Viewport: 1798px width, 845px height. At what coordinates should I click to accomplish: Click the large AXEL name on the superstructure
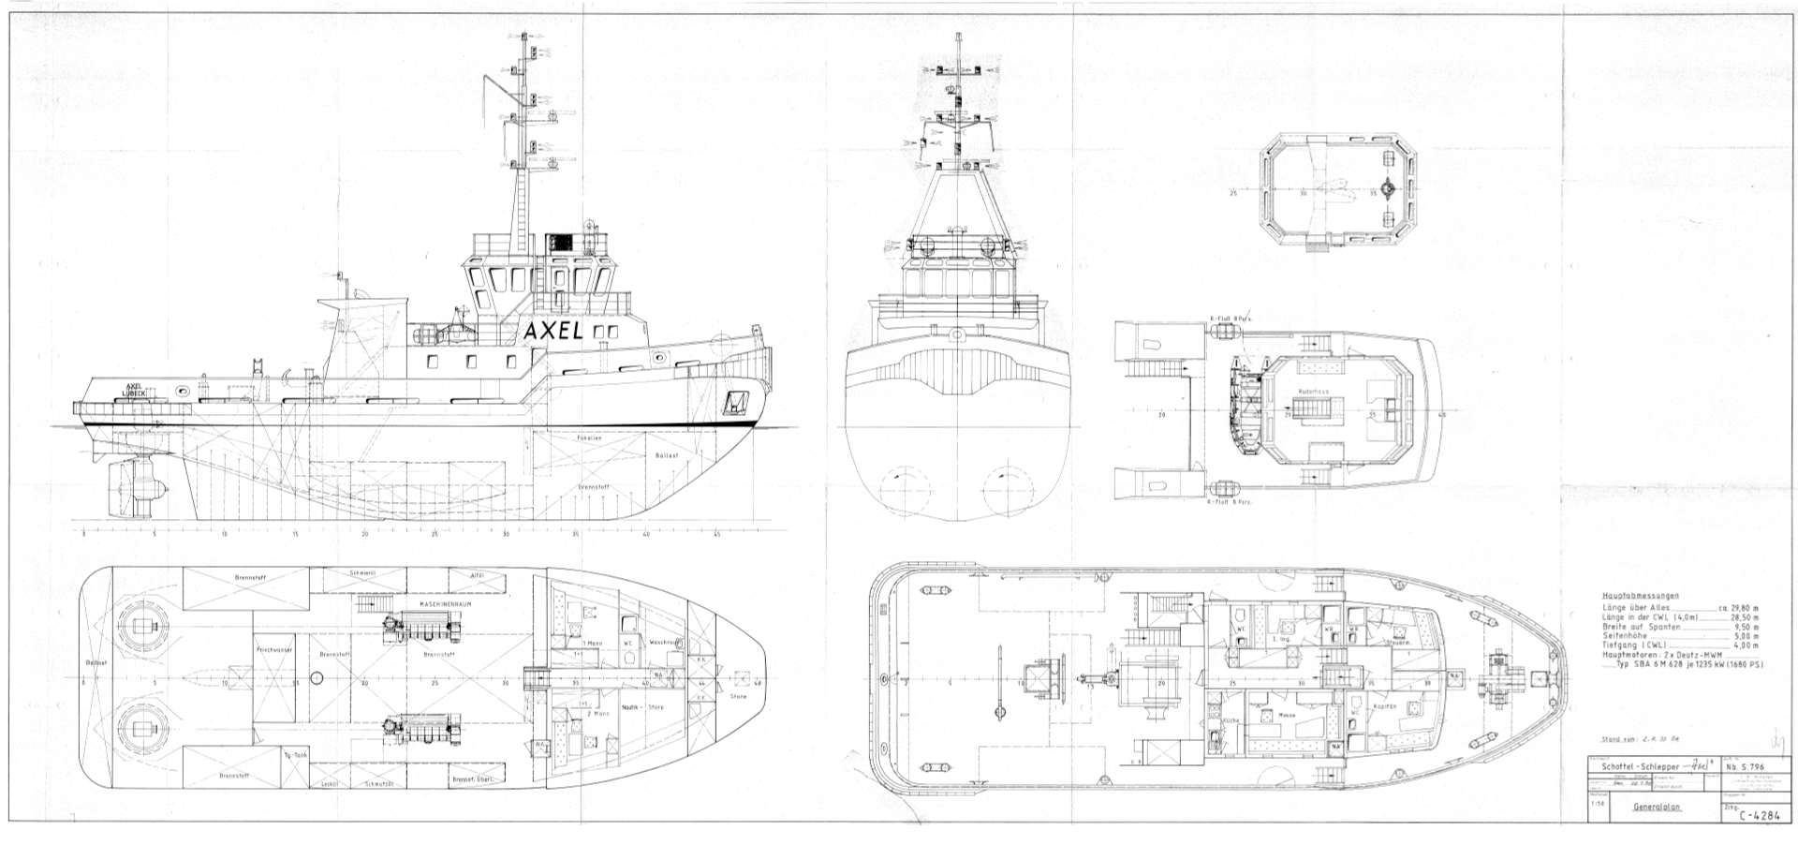553,331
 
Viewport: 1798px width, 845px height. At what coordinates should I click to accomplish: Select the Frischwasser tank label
270,648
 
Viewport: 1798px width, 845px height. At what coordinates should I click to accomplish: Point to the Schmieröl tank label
363,571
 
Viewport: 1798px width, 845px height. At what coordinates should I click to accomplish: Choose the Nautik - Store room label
642,707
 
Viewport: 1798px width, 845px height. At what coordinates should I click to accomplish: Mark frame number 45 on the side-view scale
716,535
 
